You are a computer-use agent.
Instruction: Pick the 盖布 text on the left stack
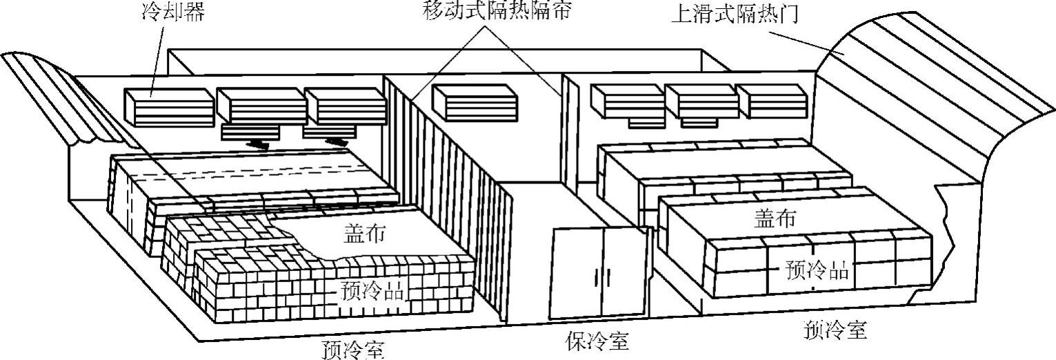coord(364,233)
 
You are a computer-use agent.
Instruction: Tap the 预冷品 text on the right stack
coord(817,270)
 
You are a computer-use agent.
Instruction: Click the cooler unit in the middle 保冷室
coord(475,101)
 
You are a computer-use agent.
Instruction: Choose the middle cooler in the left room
coord(261,107)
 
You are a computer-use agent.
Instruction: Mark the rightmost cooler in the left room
coord(345,108)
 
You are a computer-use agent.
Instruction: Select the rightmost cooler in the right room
coord(770,101)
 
